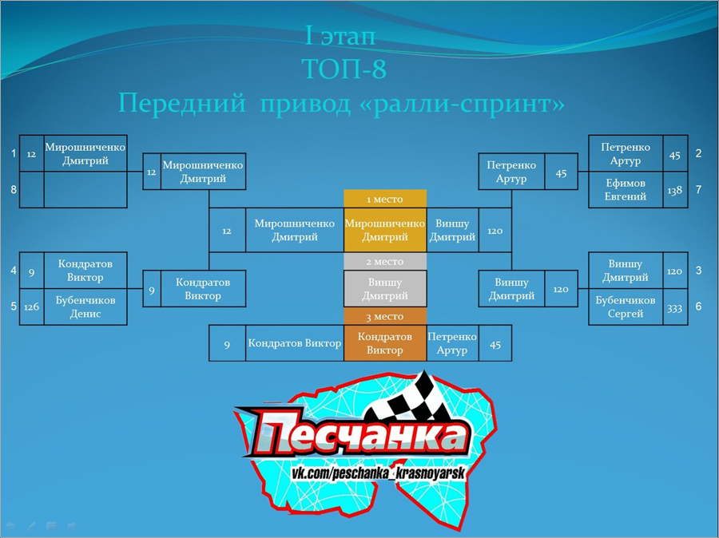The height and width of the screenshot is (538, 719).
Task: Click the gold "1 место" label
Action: [x=385, y=199]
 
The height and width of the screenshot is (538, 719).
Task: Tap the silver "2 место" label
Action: [x=385, y=261]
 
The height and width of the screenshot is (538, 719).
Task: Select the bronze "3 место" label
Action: [x=385, y=316]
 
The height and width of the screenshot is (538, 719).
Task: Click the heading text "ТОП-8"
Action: [x=344, y=69]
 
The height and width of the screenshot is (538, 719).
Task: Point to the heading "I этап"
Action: [x=340, y=36]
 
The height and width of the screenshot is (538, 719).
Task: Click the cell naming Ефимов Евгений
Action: [x=626, y=190]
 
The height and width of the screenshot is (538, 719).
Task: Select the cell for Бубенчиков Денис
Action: [x=85, y=307]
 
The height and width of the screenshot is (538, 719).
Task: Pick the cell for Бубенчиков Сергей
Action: [x=626, y=307]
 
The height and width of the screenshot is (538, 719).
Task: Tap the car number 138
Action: [x=675, y=190]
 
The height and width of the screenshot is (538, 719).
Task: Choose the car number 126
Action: [x=31, y=307]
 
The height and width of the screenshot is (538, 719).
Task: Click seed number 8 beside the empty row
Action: [x=14, y=189]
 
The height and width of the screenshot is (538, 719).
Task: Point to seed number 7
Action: [x=698, y=189]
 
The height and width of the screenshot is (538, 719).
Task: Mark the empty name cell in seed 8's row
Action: [x=85, y=190]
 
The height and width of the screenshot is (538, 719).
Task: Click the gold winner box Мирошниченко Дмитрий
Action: [x=385, y=230]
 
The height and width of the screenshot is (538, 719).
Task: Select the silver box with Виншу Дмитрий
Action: [x=385, y=289]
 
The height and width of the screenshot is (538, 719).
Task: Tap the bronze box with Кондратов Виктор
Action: [x=385, y=343]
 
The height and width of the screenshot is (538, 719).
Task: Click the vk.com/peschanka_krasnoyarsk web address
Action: [x=379, y=473]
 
